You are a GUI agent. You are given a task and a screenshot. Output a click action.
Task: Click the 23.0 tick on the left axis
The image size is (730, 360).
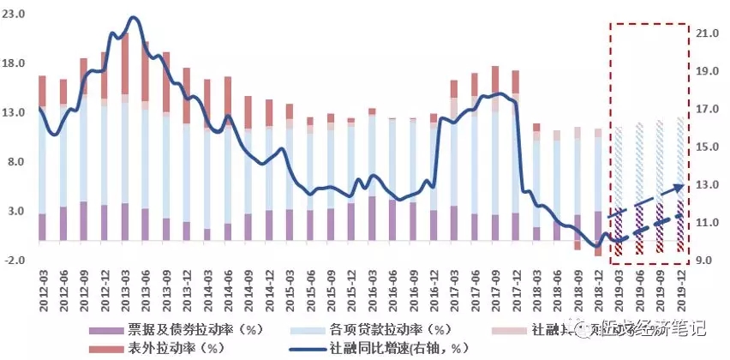pyautogui.click(x=16, y=15)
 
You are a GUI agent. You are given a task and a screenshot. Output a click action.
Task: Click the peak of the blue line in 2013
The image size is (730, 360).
pyautogui.click(x=133, y=17)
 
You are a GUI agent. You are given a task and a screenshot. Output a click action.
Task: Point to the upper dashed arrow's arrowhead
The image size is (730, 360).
pyautogui.click(x=683, y=183)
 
